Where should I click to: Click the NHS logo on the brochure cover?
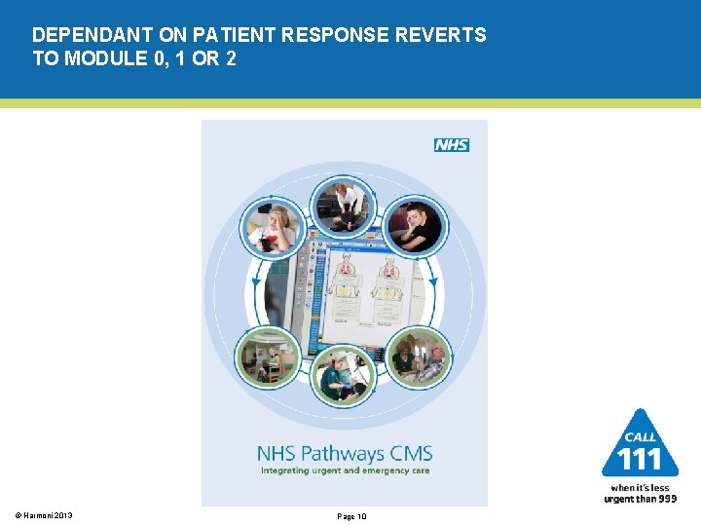[451, 144]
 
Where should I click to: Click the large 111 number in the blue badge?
[640, 459]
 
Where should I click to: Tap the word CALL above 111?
[640, 437]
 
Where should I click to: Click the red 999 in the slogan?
[666, 499]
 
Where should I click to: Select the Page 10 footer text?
[350, 516]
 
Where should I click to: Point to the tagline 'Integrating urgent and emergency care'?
[344, 470]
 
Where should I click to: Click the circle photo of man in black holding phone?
[414, 227]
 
